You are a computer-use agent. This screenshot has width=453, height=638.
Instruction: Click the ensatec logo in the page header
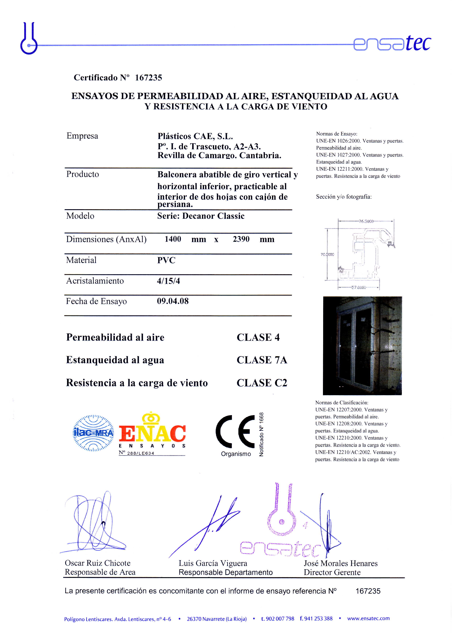tap(392, 44)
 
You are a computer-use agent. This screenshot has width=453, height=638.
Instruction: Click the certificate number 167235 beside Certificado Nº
tap(148, 77)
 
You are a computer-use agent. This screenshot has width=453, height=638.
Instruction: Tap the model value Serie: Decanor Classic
tap(201, 216)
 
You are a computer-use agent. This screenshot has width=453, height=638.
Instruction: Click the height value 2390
tap(241, 239)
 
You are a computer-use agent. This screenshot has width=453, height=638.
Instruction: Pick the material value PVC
tap(166, 260)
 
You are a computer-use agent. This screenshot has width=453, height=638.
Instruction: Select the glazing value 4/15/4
tap(168, 281)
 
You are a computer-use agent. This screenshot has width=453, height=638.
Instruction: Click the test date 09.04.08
tap(173, 301)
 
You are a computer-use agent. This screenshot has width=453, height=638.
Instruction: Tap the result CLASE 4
tap(258, 338)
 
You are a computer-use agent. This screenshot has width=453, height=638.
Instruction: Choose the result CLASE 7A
tap(262, 360)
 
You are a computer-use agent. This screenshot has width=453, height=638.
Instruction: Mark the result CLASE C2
tap(262, 383)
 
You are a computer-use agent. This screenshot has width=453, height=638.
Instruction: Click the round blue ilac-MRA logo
tap(93, 433)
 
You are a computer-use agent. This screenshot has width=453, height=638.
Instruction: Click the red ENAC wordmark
tap(152, 433)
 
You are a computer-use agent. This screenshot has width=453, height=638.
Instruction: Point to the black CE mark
tap(235, 431)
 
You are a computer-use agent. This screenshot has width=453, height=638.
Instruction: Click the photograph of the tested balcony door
tap(362, 346)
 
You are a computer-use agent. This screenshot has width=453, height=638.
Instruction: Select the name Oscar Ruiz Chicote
tap(98, 563)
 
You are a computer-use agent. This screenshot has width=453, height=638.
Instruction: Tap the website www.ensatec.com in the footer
tap(368, 618)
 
